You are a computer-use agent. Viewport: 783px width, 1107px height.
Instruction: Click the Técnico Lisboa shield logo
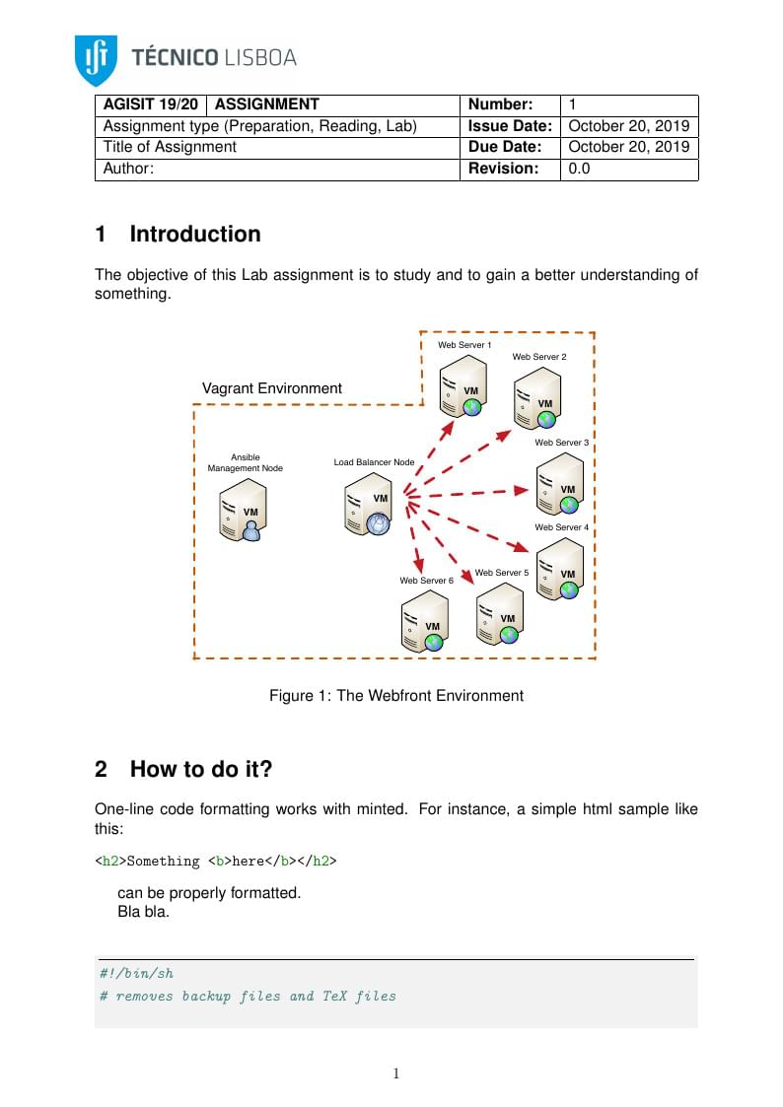(96, 59)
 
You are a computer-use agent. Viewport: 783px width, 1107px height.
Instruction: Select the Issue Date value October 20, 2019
(628, 126)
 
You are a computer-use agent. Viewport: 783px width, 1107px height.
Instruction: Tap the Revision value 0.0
(579, 169)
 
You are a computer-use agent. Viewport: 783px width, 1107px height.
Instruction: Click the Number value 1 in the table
(573, 104)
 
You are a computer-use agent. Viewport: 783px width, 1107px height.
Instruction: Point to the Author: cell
(128, 169)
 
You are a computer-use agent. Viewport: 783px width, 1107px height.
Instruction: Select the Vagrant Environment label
(272, 388)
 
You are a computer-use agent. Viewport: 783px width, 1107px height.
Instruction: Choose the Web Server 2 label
(539, 357)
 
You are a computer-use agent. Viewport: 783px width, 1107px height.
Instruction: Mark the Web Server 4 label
(561, 527)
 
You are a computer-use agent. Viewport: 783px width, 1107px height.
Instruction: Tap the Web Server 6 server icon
(425, 622)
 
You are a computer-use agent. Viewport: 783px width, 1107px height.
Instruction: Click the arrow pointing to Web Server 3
(473, 492)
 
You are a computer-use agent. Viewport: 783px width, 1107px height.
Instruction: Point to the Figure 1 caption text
(396, 696)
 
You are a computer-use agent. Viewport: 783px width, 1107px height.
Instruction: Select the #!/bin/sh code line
(137, 973)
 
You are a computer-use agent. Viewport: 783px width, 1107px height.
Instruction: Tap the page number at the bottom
(395, 1073)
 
